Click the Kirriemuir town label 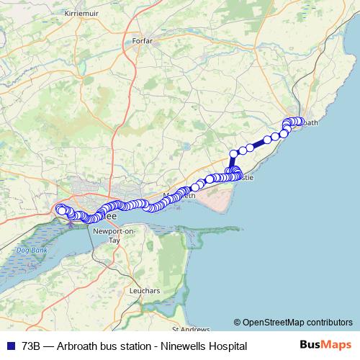click(81, 14)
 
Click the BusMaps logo click(325, 346)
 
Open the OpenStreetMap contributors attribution click(297, 323)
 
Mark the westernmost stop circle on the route click(60, 210)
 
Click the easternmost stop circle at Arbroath click(301, 122)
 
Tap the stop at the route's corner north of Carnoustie click(233, 153)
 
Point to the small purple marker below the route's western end click(70, 223)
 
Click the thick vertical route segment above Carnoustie click(233, 163)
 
